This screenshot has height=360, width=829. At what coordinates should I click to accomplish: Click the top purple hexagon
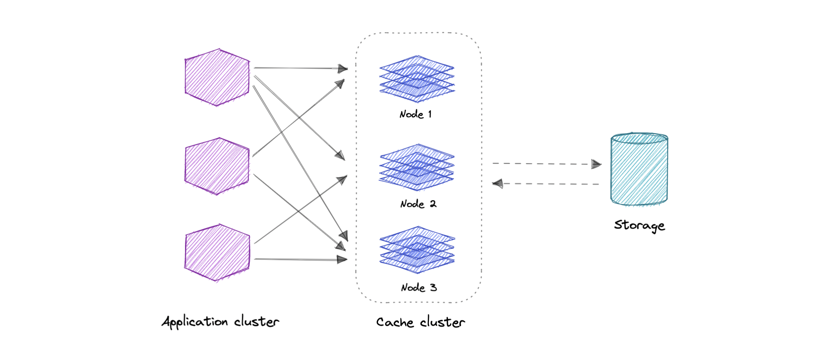click(x=217, y=78)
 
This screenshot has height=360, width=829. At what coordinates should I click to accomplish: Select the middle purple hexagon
click(x=217, y=166)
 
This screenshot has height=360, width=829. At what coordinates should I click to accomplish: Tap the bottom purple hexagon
click(x=217, y=252)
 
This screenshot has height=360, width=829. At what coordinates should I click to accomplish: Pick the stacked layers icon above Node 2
click(x=417, y=167)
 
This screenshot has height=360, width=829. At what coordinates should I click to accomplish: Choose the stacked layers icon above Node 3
click(x=417, y=250)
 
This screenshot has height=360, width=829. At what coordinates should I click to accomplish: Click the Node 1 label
click(x=416, y=115)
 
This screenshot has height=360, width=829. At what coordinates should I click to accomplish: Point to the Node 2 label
click(x=418, y=204)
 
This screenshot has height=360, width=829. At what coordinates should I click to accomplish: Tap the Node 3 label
click(x=419, y=288)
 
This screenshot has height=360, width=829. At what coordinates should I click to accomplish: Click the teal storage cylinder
click(x=639, y=169)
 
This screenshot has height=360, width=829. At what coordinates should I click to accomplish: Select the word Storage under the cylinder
click(x=639, y=225)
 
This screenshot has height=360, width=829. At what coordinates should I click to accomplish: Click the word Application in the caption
click(x=195, y=322)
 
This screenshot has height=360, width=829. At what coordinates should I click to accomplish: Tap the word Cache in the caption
click(x=395, y=323)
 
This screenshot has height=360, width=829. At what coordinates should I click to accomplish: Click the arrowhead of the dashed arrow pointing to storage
click(x=596, y=164)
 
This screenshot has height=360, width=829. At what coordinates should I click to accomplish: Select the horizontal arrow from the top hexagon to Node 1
click(x=299, y=68)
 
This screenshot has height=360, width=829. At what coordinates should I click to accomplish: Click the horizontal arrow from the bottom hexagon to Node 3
click(x=299, y=259)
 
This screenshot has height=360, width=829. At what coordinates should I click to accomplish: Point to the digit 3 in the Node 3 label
click(x=433, y=288)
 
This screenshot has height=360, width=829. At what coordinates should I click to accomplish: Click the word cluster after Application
click(x=257, y=322)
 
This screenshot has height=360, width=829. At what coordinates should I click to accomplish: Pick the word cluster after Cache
click(x=443, y=323)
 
